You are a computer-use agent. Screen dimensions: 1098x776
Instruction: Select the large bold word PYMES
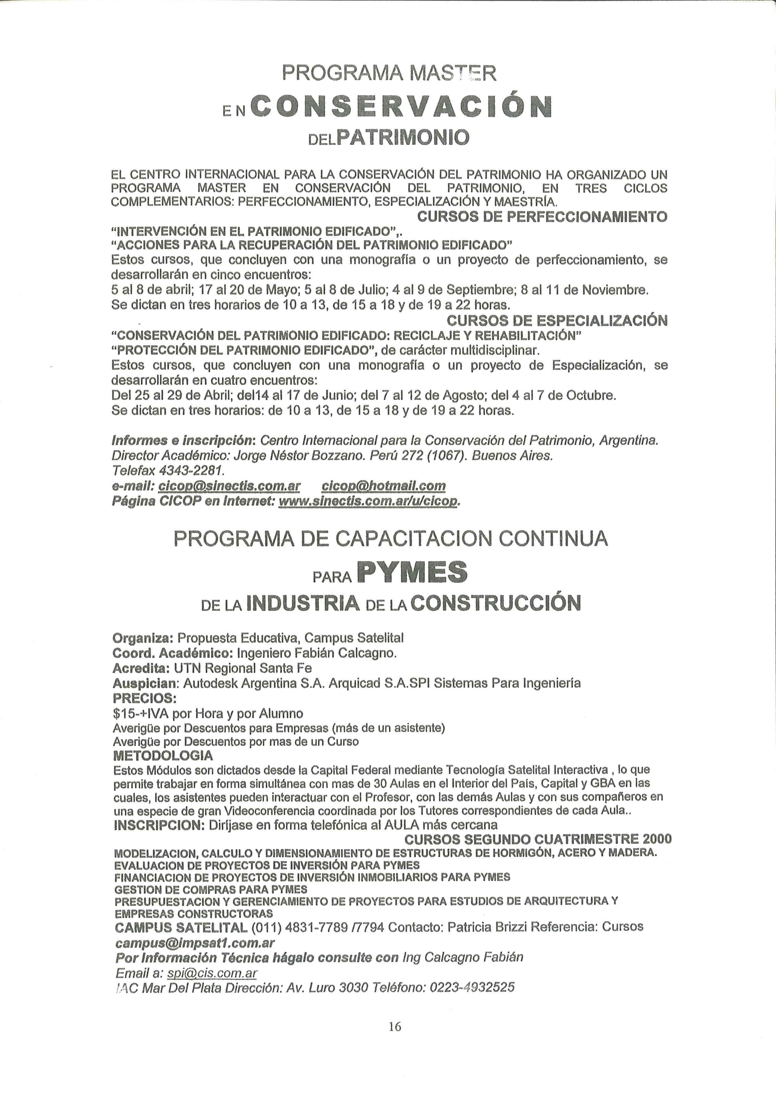pos(412,572)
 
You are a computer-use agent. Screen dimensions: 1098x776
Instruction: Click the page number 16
pos(395,1026)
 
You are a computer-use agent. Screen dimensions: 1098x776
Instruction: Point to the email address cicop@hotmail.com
pos(383,486)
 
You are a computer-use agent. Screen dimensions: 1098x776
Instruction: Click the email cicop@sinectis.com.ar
pos(229,486)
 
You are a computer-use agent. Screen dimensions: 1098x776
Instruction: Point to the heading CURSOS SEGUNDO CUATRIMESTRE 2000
pos(538,839)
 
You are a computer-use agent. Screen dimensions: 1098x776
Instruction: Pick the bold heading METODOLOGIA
pos(163,756)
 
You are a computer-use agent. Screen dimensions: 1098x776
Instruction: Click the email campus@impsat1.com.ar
pos(195,943)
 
